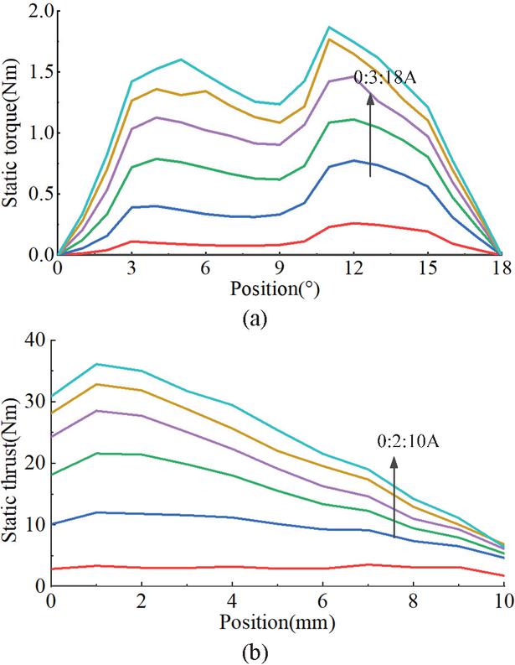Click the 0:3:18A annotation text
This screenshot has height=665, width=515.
pos(384,78)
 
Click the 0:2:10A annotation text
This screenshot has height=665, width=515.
pos(408,441)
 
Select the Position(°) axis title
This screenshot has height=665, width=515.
pos(275,289)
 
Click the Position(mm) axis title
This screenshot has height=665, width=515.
pos(277,622)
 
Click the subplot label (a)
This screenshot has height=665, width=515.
pos(255,319)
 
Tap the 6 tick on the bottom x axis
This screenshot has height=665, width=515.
pos(322,602)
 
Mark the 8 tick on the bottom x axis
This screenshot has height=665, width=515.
pos(414,602)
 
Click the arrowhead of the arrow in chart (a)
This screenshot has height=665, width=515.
pos(370,97)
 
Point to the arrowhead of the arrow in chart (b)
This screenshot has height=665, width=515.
pos(394,462)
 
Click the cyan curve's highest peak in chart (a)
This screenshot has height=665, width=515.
pos(329,27)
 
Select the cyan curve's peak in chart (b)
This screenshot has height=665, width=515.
pos(96,364)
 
